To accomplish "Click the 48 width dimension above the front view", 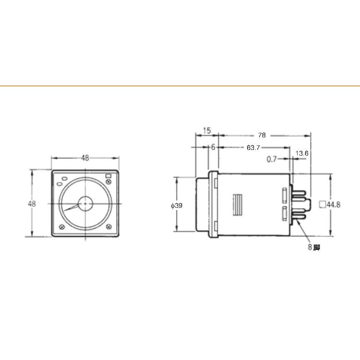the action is [85, 158].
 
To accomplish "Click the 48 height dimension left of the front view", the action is [32, 204].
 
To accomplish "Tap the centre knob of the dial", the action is [85, 203].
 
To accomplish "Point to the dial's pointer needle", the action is [71, 208].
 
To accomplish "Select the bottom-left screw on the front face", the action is [62, 227].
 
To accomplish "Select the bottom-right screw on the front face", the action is [109, 227].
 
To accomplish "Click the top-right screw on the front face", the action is [109, 182].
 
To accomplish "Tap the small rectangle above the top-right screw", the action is [108, 176].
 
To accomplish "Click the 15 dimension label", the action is [207, 130].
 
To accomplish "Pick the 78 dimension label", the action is [262, 135].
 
